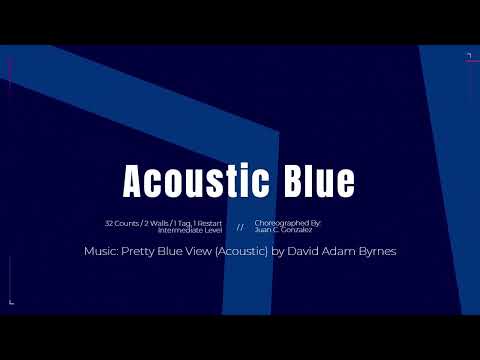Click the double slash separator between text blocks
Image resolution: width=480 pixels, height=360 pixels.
coord(240,226)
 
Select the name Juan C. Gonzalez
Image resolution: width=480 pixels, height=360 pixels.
coord(284,228)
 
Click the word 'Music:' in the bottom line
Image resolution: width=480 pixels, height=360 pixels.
coord(102,251)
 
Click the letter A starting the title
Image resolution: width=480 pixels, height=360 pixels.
coord(134,182)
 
